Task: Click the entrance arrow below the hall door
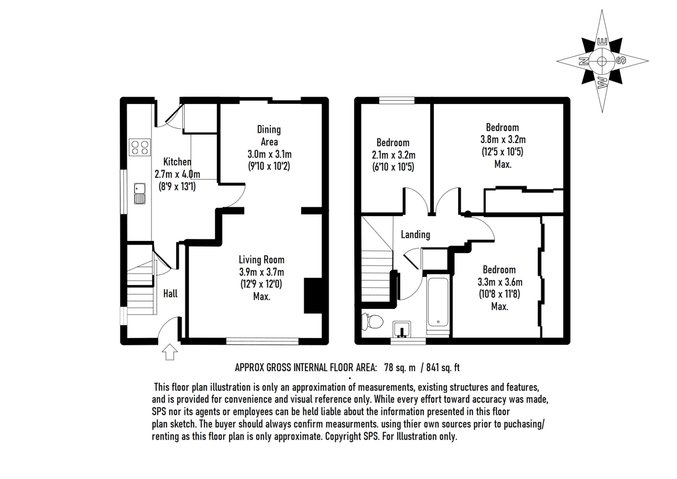coord(170,352)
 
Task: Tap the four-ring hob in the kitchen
coord(139,147)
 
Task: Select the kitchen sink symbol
coord(139,194)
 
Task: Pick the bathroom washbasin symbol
coord(402,329)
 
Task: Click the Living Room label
coord(261,260)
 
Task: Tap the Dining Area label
coord(269,136)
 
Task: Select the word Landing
coord(415,235)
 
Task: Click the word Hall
coord(171,293)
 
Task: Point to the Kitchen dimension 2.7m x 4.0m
coord(177,174)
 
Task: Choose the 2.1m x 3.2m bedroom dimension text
coord(394,155)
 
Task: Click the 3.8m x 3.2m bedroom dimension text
coord(503,140)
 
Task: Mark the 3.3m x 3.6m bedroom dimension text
coord(500,282)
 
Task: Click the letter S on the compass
coord(621,60)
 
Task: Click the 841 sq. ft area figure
coord(443,367)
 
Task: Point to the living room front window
coord(262,341)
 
